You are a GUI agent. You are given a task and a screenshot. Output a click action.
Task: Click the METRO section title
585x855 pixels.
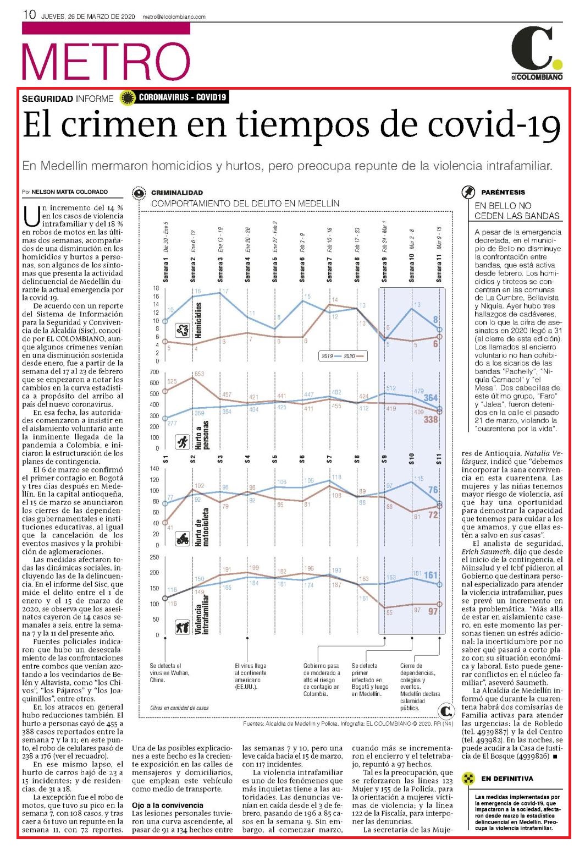click(x=106, y=61)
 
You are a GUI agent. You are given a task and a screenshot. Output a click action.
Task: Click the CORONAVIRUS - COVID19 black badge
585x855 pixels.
click(x=182, y=97)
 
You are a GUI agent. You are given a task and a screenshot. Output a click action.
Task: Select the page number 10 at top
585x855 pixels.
click(x=29, y=15)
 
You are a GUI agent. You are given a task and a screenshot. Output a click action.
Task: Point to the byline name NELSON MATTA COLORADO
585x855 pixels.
click(x=69, y=191)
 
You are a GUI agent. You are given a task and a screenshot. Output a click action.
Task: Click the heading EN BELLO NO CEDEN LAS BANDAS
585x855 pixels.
click(x=517, y=211)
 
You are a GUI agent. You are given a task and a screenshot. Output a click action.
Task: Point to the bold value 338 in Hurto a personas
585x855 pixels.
click(x=431, y=419)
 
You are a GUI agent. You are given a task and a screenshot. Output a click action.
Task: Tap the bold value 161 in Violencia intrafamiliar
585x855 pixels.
click(x=431, y=575)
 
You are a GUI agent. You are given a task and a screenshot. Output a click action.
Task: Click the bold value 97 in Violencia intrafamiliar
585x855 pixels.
click(x=433, y=611)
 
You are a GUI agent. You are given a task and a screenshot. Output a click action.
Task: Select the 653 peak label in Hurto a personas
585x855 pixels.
click(x=200, y=374)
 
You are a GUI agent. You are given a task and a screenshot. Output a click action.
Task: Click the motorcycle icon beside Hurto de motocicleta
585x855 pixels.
click(x=183, y=539)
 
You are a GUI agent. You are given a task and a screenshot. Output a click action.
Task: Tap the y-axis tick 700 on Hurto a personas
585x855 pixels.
click(x=154, y=372)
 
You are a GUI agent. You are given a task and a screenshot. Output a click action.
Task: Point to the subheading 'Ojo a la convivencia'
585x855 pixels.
click(x=167, y=805)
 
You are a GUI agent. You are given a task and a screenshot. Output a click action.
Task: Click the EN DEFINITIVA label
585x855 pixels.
click(x=507, y=779)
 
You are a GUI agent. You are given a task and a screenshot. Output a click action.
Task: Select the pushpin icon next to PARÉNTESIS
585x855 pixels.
click(x=468, y=192)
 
